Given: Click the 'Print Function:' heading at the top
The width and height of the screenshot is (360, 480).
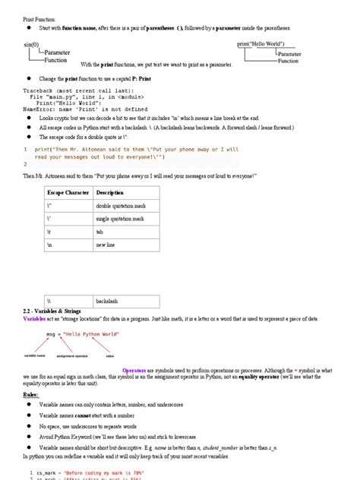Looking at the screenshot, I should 41,15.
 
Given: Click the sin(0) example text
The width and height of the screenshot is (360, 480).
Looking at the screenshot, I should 30,46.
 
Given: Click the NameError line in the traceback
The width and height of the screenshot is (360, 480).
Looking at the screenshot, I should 79,110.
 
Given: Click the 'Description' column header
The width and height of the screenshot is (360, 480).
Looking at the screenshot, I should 109,193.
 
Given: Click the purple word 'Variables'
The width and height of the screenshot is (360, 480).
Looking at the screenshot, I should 34,320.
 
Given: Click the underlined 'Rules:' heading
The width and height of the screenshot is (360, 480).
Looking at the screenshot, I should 32,395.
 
